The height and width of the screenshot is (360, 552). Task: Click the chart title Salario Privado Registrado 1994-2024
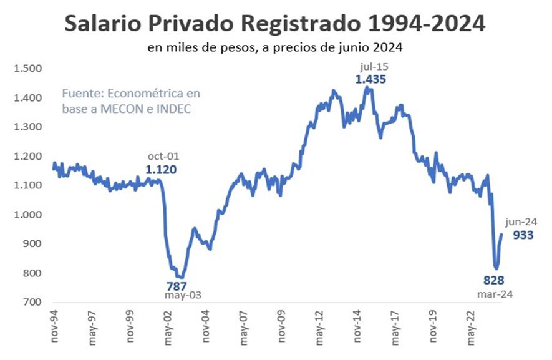tap(275, 24)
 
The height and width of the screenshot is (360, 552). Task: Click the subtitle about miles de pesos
tap(275, 47)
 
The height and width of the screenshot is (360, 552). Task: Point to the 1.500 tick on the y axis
tap(27, 69)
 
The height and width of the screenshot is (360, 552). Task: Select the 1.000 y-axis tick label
tap(27, 215)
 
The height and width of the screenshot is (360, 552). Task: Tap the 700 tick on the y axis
tap(31, 303)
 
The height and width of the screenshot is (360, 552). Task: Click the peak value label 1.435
tap(371, 79)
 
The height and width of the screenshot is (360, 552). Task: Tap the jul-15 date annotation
tap(371, 66)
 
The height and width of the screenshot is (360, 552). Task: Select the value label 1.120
tap(161, 169)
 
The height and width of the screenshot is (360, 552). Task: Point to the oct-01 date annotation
tap(161, 156)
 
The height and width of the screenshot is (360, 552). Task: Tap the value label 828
tap(493, 280)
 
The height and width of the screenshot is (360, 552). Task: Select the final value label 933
tap(523, 235)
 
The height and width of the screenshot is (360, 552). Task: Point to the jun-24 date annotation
tap(521, 221)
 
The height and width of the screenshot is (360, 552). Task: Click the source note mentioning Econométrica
tap(132, 100)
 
